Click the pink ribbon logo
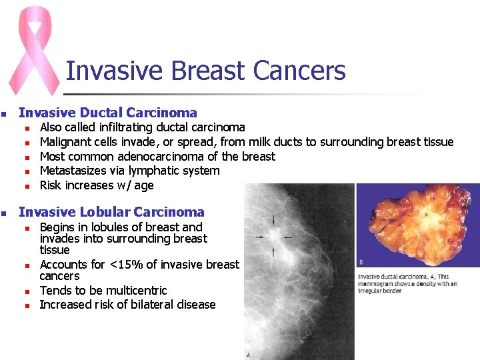point(33,50)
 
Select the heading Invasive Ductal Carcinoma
point(108,113)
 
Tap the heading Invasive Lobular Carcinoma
point(111,212)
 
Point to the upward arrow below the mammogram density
point(274,251)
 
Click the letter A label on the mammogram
point(249,355)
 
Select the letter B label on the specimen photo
point(361,262)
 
